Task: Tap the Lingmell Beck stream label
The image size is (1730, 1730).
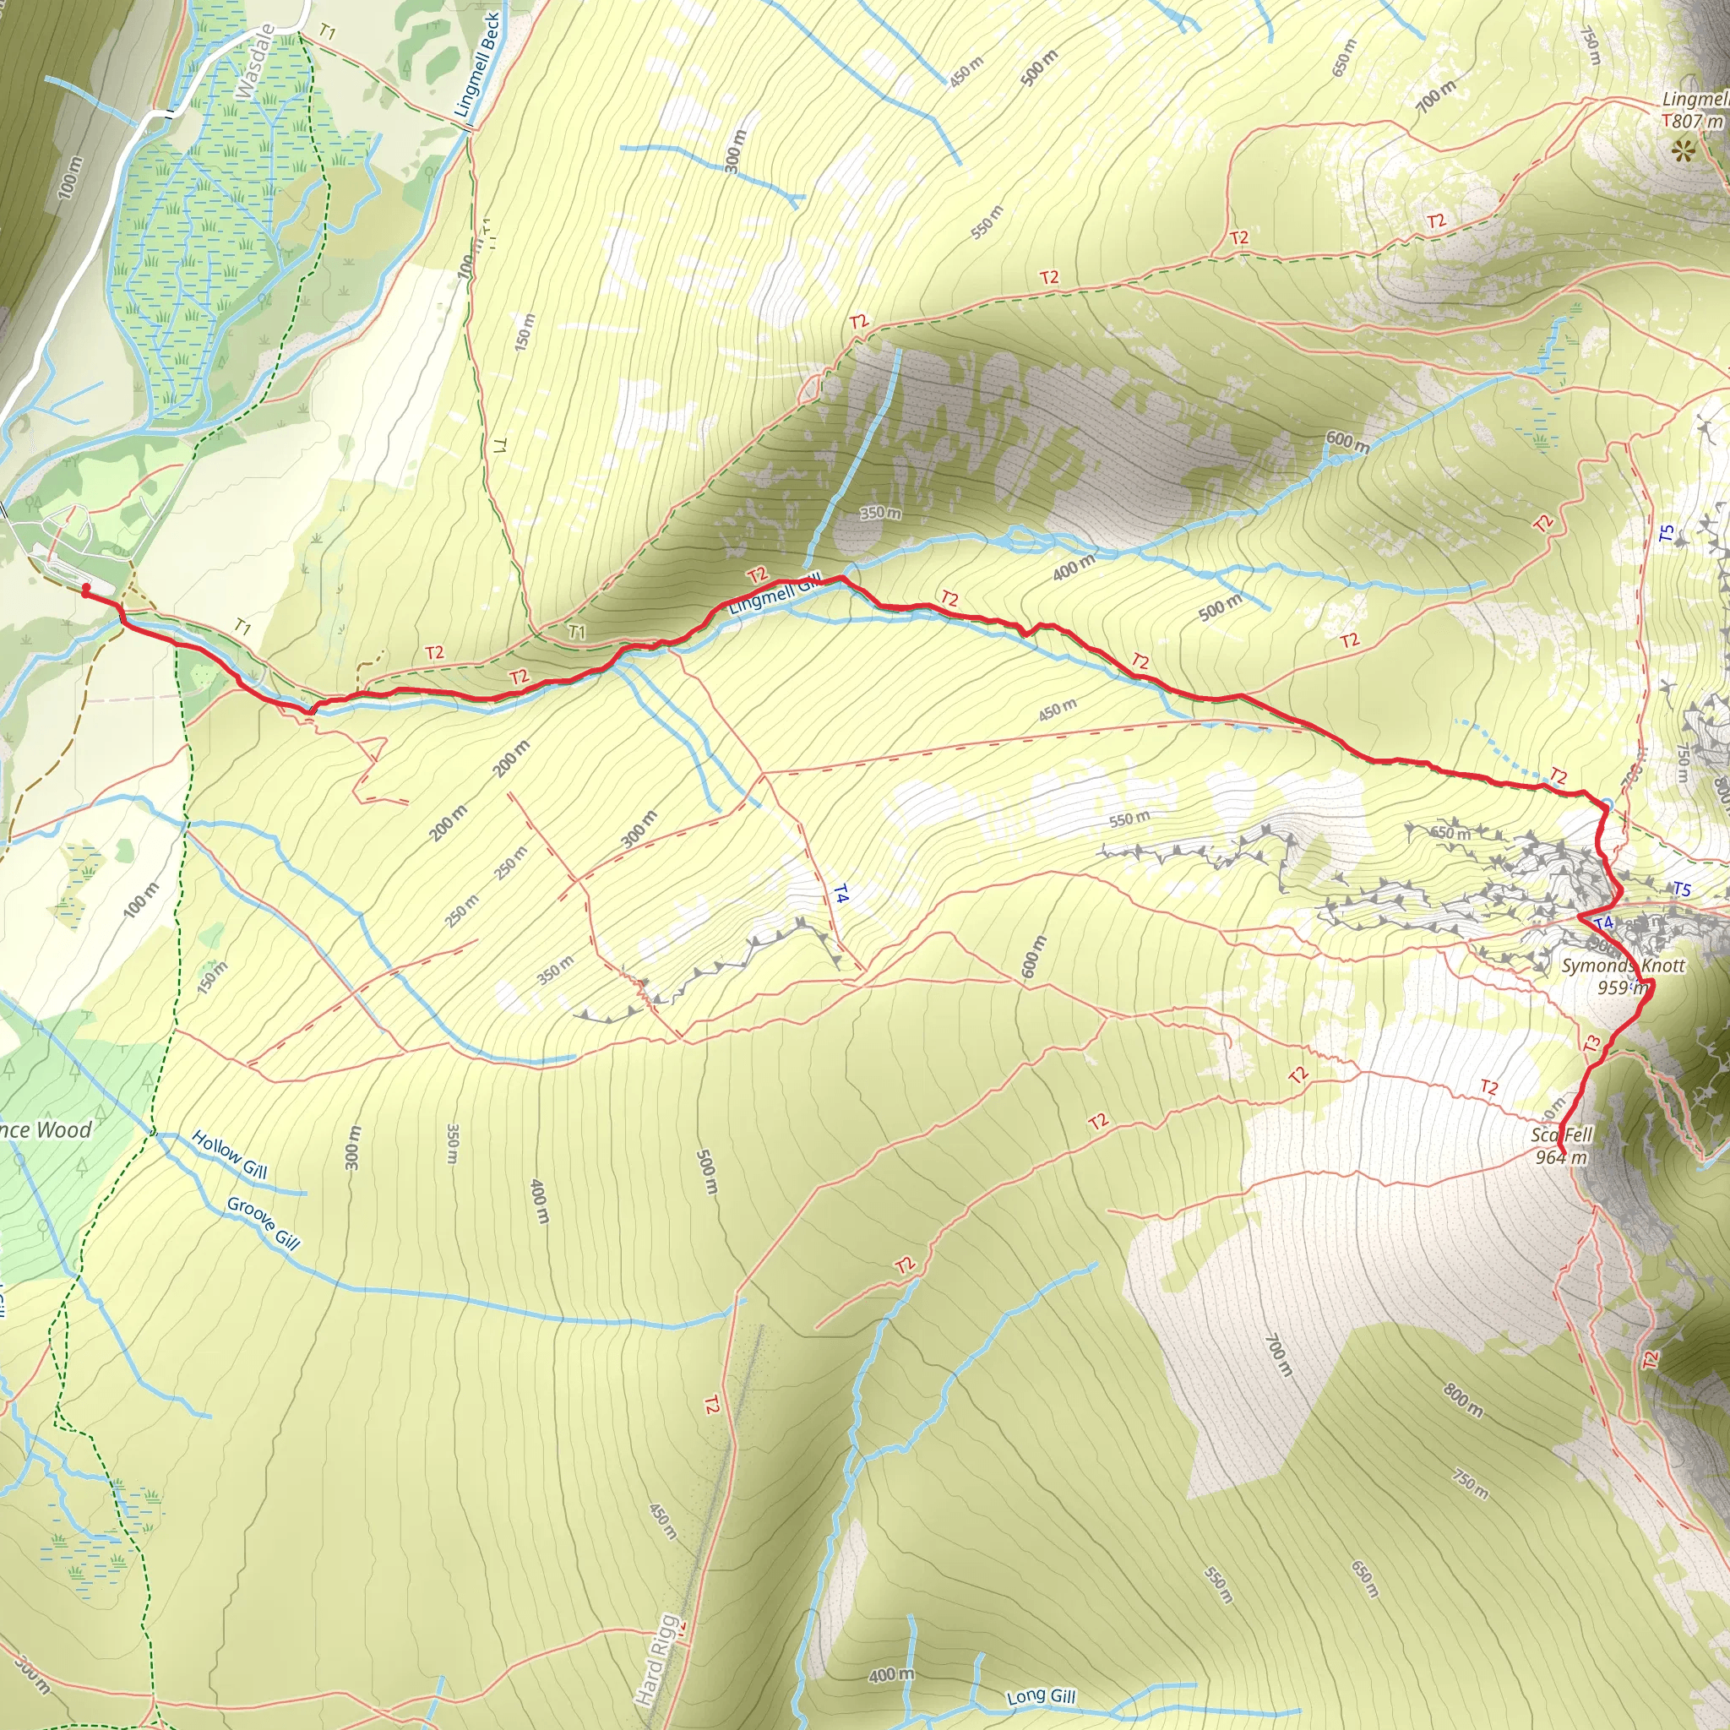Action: click(478, 65)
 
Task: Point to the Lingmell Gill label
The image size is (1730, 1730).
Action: click(775, 595)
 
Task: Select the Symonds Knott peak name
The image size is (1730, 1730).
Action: click(1623, 966)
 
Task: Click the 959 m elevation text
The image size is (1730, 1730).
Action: click(1622, 987)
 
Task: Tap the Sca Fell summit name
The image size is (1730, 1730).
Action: click(1562, 1135)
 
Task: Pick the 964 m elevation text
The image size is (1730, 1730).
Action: click(1561, 1158)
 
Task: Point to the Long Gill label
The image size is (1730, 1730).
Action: click(1041, 1696)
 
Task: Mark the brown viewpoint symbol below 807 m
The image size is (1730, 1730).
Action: click(1684, 150)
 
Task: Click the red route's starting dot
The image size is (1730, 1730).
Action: click(86, 588)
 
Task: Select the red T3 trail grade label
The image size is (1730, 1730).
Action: click(1591, 1043)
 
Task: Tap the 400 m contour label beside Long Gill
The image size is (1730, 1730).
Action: click(891, 1674)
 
